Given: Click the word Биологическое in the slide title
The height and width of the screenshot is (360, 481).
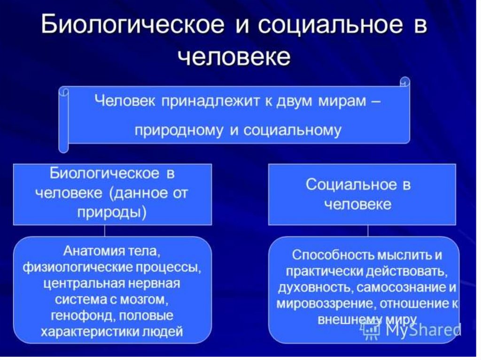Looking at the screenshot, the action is [x=132, y=24].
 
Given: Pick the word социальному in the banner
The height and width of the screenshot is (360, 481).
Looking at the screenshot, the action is [x=293, y=130].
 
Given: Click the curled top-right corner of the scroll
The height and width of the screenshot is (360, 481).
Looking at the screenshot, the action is [x=405, y=82].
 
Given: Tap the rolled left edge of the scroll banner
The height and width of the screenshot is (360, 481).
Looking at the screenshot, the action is [x=64, y=120].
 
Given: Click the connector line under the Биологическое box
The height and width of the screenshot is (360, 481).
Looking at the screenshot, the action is [x=105, y=230].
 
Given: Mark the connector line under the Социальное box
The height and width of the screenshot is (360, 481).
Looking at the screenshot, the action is [x=368, y=230].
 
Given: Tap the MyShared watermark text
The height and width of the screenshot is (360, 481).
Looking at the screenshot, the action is [x=423, y=330].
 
